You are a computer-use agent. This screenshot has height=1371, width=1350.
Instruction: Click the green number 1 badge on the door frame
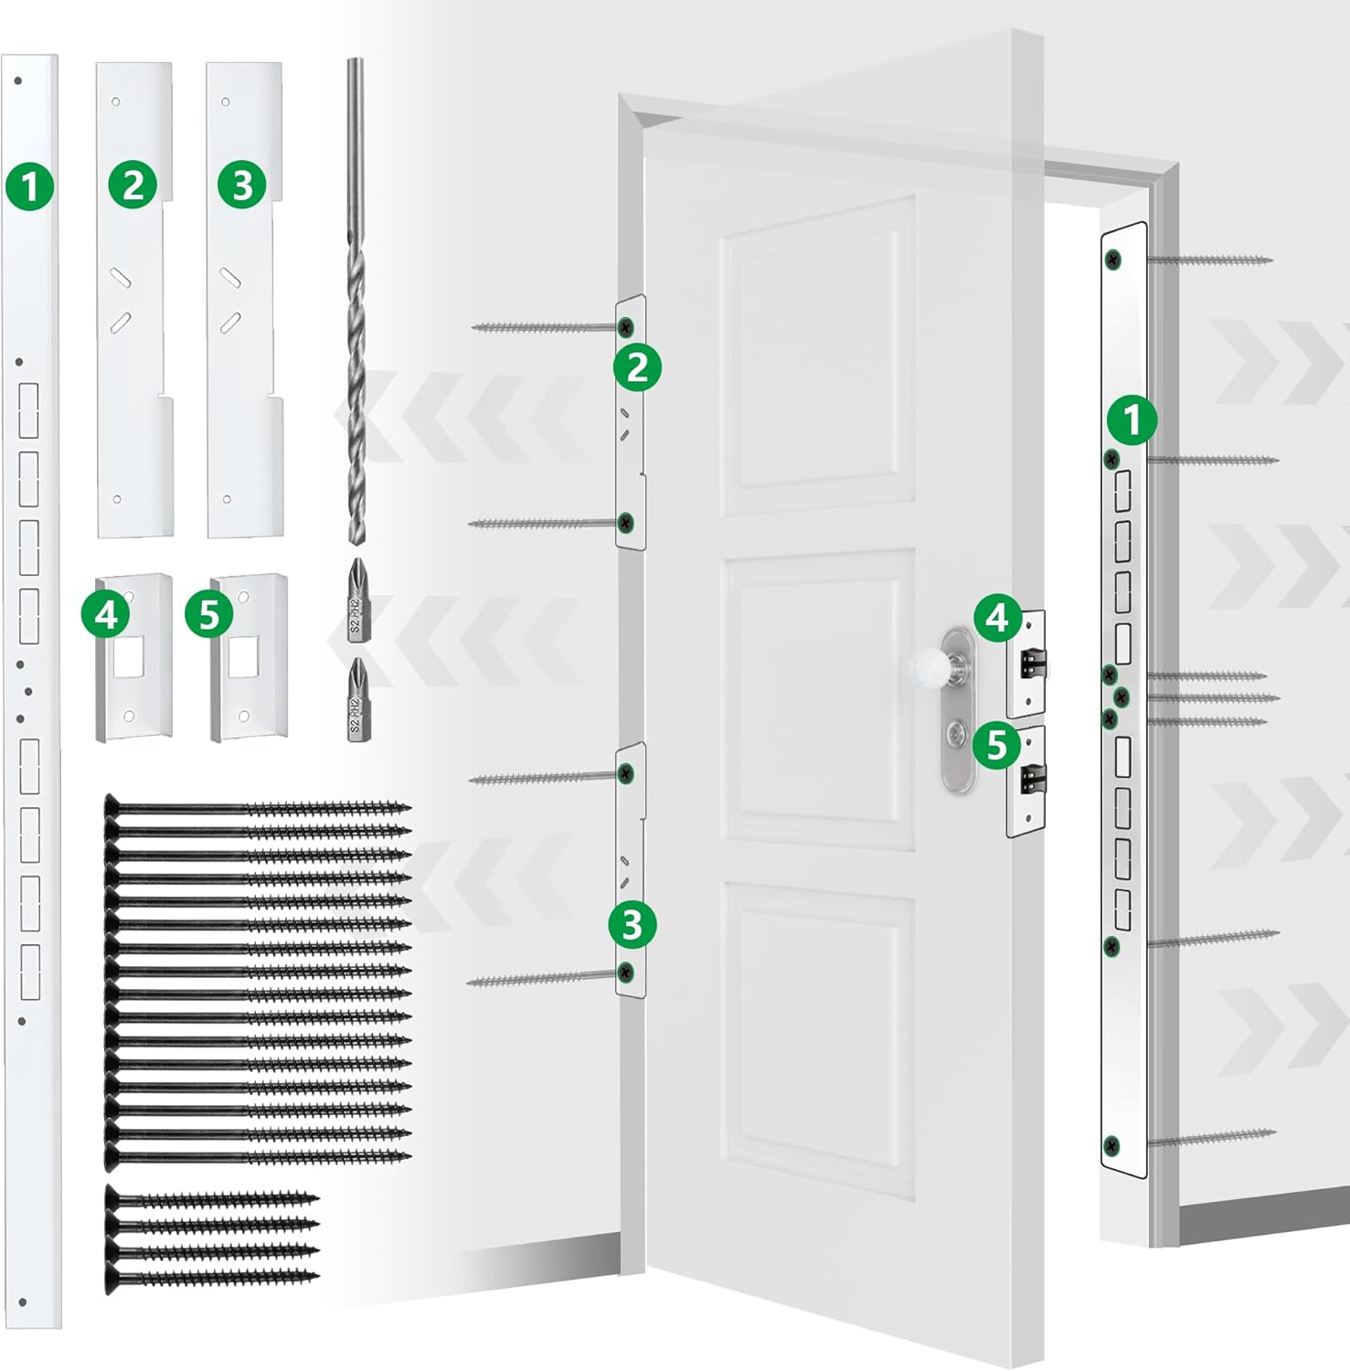pyautogui.click(x=1132, y=421)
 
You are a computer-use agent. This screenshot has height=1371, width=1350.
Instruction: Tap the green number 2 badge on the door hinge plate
pyautogui.click(x=636, y=368)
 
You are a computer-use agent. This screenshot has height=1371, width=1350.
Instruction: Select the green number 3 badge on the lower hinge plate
pyautogui.click(x=632, y=925)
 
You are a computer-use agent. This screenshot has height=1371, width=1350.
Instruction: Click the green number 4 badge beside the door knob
pyautogui.click(x=997, y=619)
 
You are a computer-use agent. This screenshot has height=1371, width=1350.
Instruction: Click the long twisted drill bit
pyautogui.click(x=356, y=302)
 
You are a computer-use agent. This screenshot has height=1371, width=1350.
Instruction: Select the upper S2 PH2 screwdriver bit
pyautogui.click(x=356, y=600)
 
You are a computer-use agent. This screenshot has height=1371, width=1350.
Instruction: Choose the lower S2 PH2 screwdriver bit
pyautogui.click(x=356, y=699)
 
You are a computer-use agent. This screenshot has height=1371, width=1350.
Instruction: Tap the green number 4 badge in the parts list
pyautogui.click(x=106, y=614)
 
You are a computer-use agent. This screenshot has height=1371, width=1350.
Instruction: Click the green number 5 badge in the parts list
pyautogui.click(x=209, y=615)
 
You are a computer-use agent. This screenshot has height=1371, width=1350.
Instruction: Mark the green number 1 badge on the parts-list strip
pyautogui.click(x=30, y=186)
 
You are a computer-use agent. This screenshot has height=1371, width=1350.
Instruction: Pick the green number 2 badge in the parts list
pyautogui.click(x=133, y=186)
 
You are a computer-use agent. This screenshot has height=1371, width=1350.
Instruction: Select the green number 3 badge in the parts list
pyautogui.click(x=242, y=186)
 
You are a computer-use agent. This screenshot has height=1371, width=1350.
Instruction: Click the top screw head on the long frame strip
pyautogui.click(x=1112, y=260)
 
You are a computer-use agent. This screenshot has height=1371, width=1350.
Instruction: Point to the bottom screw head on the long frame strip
pyautogui.click(x=1111, y=1144)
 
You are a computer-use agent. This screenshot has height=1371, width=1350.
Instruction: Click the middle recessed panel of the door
pyautogui.click(x=819, y=699)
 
